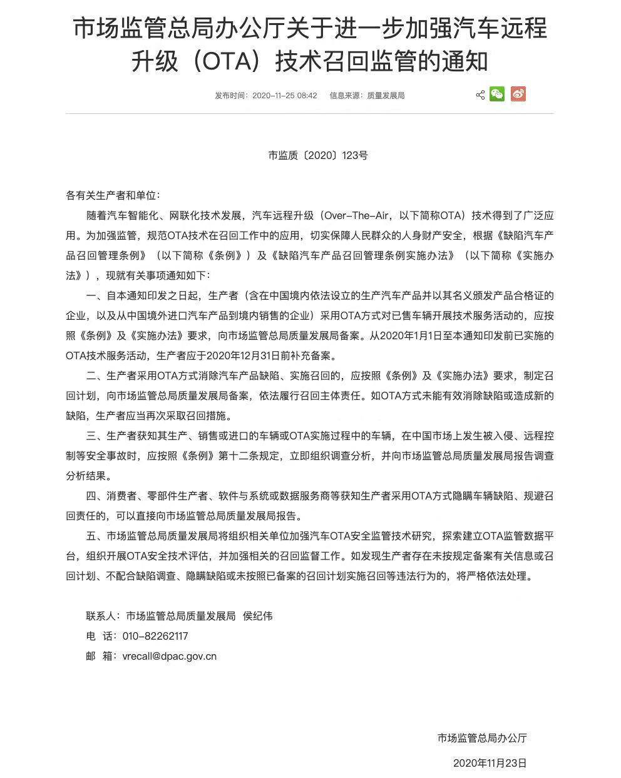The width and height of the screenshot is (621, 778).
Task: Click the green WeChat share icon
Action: coord(497,95)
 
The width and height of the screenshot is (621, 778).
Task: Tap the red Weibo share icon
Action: coord(518,95)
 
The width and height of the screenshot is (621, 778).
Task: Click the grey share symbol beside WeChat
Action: coord(480,95)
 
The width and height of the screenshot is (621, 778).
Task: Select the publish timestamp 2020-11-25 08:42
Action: coord(285,96)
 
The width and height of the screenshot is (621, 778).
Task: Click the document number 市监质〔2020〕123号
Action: coord(317,155)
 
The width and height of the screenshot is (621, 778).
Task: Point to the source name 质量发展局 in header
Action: coord(386,96)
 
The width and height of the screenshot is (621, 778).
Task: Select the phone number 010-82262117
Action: coord(156,637)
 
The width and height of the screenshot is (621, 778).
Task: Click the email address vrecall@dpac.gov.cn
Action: coord(170,657)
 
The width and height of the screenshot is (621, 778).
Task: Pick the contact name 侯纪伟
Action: coord(257,617)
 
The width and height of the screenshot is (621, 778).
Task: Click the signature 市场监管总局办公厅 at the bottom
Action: coord(482,738)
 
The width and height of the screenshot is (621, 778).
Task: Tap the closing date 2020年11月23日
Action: coord(490,763)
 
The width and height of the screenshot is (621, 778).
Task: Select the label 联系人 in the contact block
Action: coord(101,617)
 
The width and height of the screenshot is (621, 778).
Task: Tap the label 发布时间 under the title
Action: coord(231,96)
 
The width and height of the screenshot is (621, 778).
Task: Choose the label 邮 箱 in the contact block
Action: coord(101,657)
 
